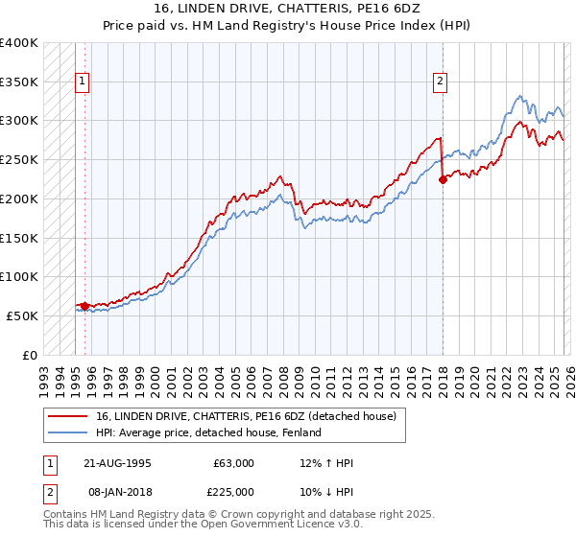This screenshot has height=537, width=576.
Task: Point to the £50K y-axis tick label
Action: click(x=21, y=315)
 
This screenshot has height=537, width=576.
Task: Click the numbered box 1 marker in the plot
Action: click(x=84, y=82)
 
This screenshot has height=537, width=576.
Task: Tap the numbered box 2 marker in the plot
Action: click(x=441, y=82)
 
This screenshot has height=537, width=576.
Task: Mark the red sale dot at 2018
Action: click(x=443, y=179)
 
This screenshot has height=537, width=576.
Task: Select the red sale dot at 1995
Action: click(x=85, y=306)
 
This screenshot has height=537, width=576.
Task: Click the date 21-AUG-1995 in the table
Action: click(x=119, y=463)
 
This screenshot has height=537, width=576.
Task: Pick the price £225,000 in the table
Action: click(x=233, y=493)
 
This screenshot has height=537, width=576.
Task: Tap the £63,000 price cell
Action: click(x=233, y=463)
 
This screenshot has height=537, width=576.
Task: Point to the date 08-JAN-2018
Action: click(x=119, y=493)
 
